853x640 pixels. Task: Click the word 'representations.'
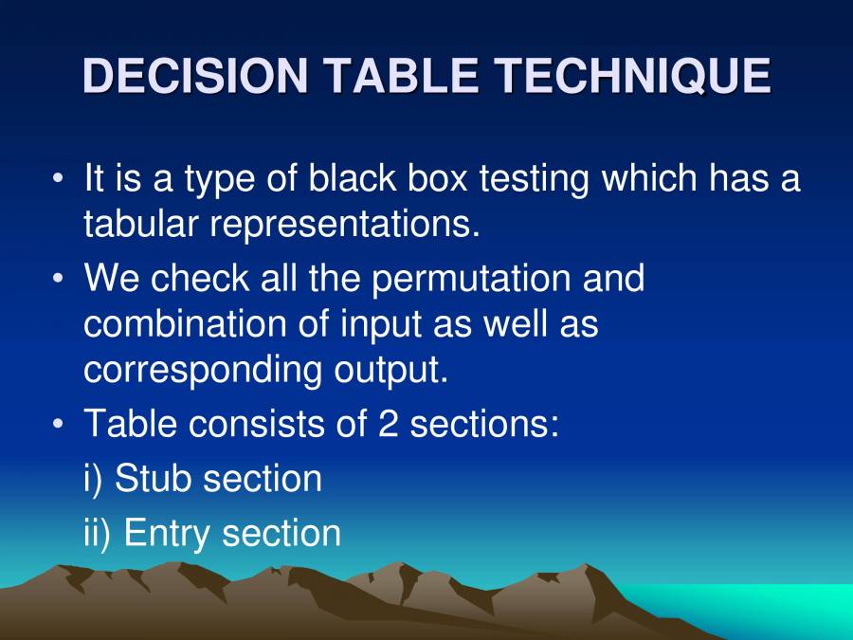point(346,226)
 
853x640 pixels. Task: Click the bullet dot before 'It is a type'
point(60,179)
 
